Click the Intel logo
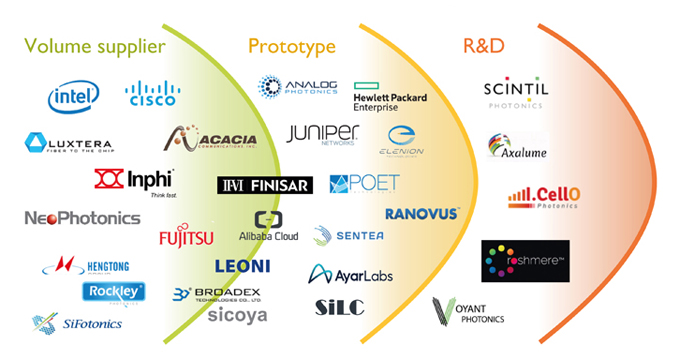pos(73,96)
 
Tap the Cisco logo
pos(152,93)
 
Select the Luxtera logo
pos(68,143)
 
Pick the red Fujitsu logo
pos(186,237)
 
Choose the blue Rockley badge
pos(113,291)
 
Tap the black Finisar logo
pos(265,185)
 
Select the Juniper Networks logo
pos(322,134)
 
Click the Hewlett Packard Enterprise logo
pos(390,97)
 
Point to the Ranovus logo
pos(422,213)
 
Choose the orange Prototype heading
pos(292,46)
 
